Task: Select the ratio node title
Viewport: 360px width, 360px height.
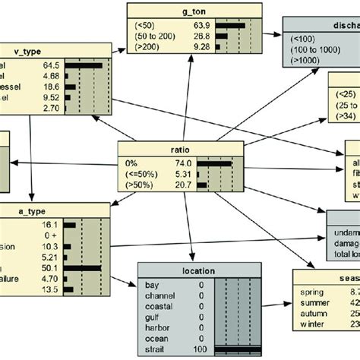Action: [180, 149]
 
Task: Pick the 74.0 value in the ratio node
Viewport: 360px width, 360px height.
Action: [181, 163]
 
